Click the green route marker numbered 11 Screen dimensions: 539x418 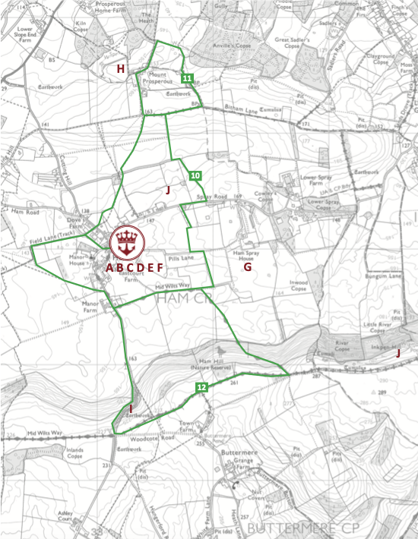187,78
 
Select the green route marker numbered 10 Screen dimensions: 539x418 196,176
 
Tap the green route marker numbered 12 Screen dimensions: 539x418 201,387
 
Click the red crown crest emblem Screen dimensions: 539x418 126,241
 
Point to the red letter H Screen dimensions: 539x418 120,69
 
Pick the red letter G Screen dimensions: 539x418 247,267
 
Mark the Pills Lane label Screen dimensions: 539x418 182,259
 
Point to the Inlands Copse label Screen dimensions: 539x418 74,453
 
